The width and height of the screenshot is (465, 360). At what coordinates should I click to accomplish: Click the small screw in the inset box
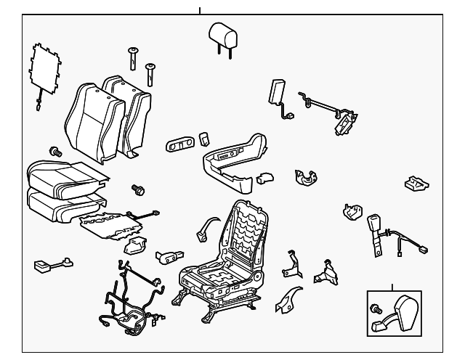[x=376, y=310]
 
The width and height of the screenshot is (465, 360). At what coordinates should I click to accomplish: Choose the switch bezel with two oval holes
[x=179, y=142]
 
